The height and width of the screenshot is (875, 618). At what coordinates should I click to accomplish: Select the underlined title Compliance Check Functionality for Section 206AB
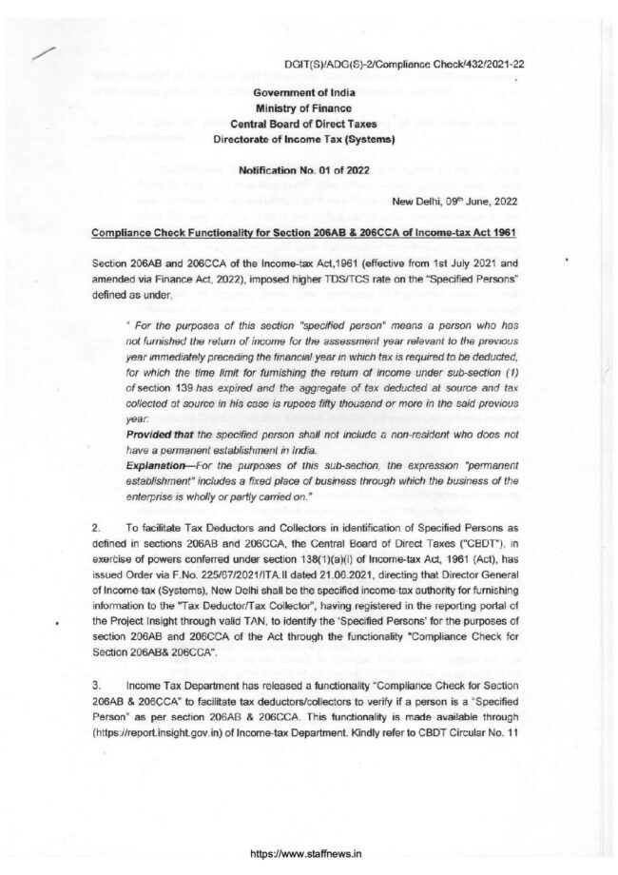305,231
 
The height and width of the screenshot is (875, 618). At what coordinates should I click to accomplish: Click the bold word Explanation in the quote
158,466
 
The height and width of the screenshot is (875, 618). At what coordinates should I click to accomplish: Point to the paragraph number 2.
95,525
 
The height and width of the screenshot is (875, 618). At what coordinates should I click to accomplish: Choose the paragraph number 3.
95,684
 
